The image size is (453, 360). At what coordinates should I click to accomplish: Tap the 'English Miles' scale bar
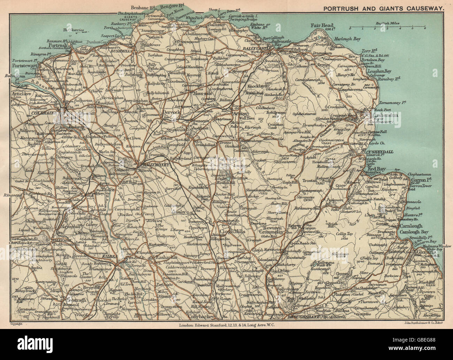(387, 26)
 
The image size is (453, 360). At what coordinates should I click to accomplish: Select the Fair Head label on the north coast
(323, 25)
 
